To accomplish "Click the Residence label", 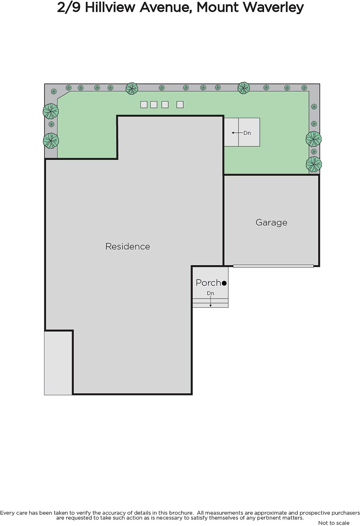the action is [128, 246].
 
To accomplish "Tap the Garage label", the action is [271, 222].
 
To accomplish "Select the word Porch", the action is [208, 283].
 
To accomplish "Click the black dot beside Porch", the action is [224, 283].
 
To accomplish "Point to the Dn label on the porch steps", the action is [211, 293].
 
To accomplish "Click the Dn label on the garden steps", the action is [247, 133].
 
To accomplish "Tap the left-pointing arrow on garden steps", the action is [237, 133].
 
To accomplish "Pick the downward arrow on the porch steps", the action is [211, 301].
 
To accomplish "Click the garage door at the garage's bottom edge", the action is [273, 266].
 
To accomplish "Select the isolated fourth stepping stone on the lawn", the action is [180, 105].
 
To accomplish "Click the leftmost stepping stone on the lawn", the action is [144, 105].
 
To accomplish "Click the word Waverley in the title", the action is [274, 8].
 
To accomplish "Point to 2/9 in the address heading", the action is [69, 8].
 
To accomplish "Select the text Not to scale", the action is [334, 523].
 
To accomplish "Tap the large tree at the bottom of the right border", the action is [314, 164].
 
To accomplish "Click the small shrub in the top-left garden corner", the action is [54, 91].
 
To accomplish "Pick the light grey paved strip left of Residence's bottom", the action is [58, 363].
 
